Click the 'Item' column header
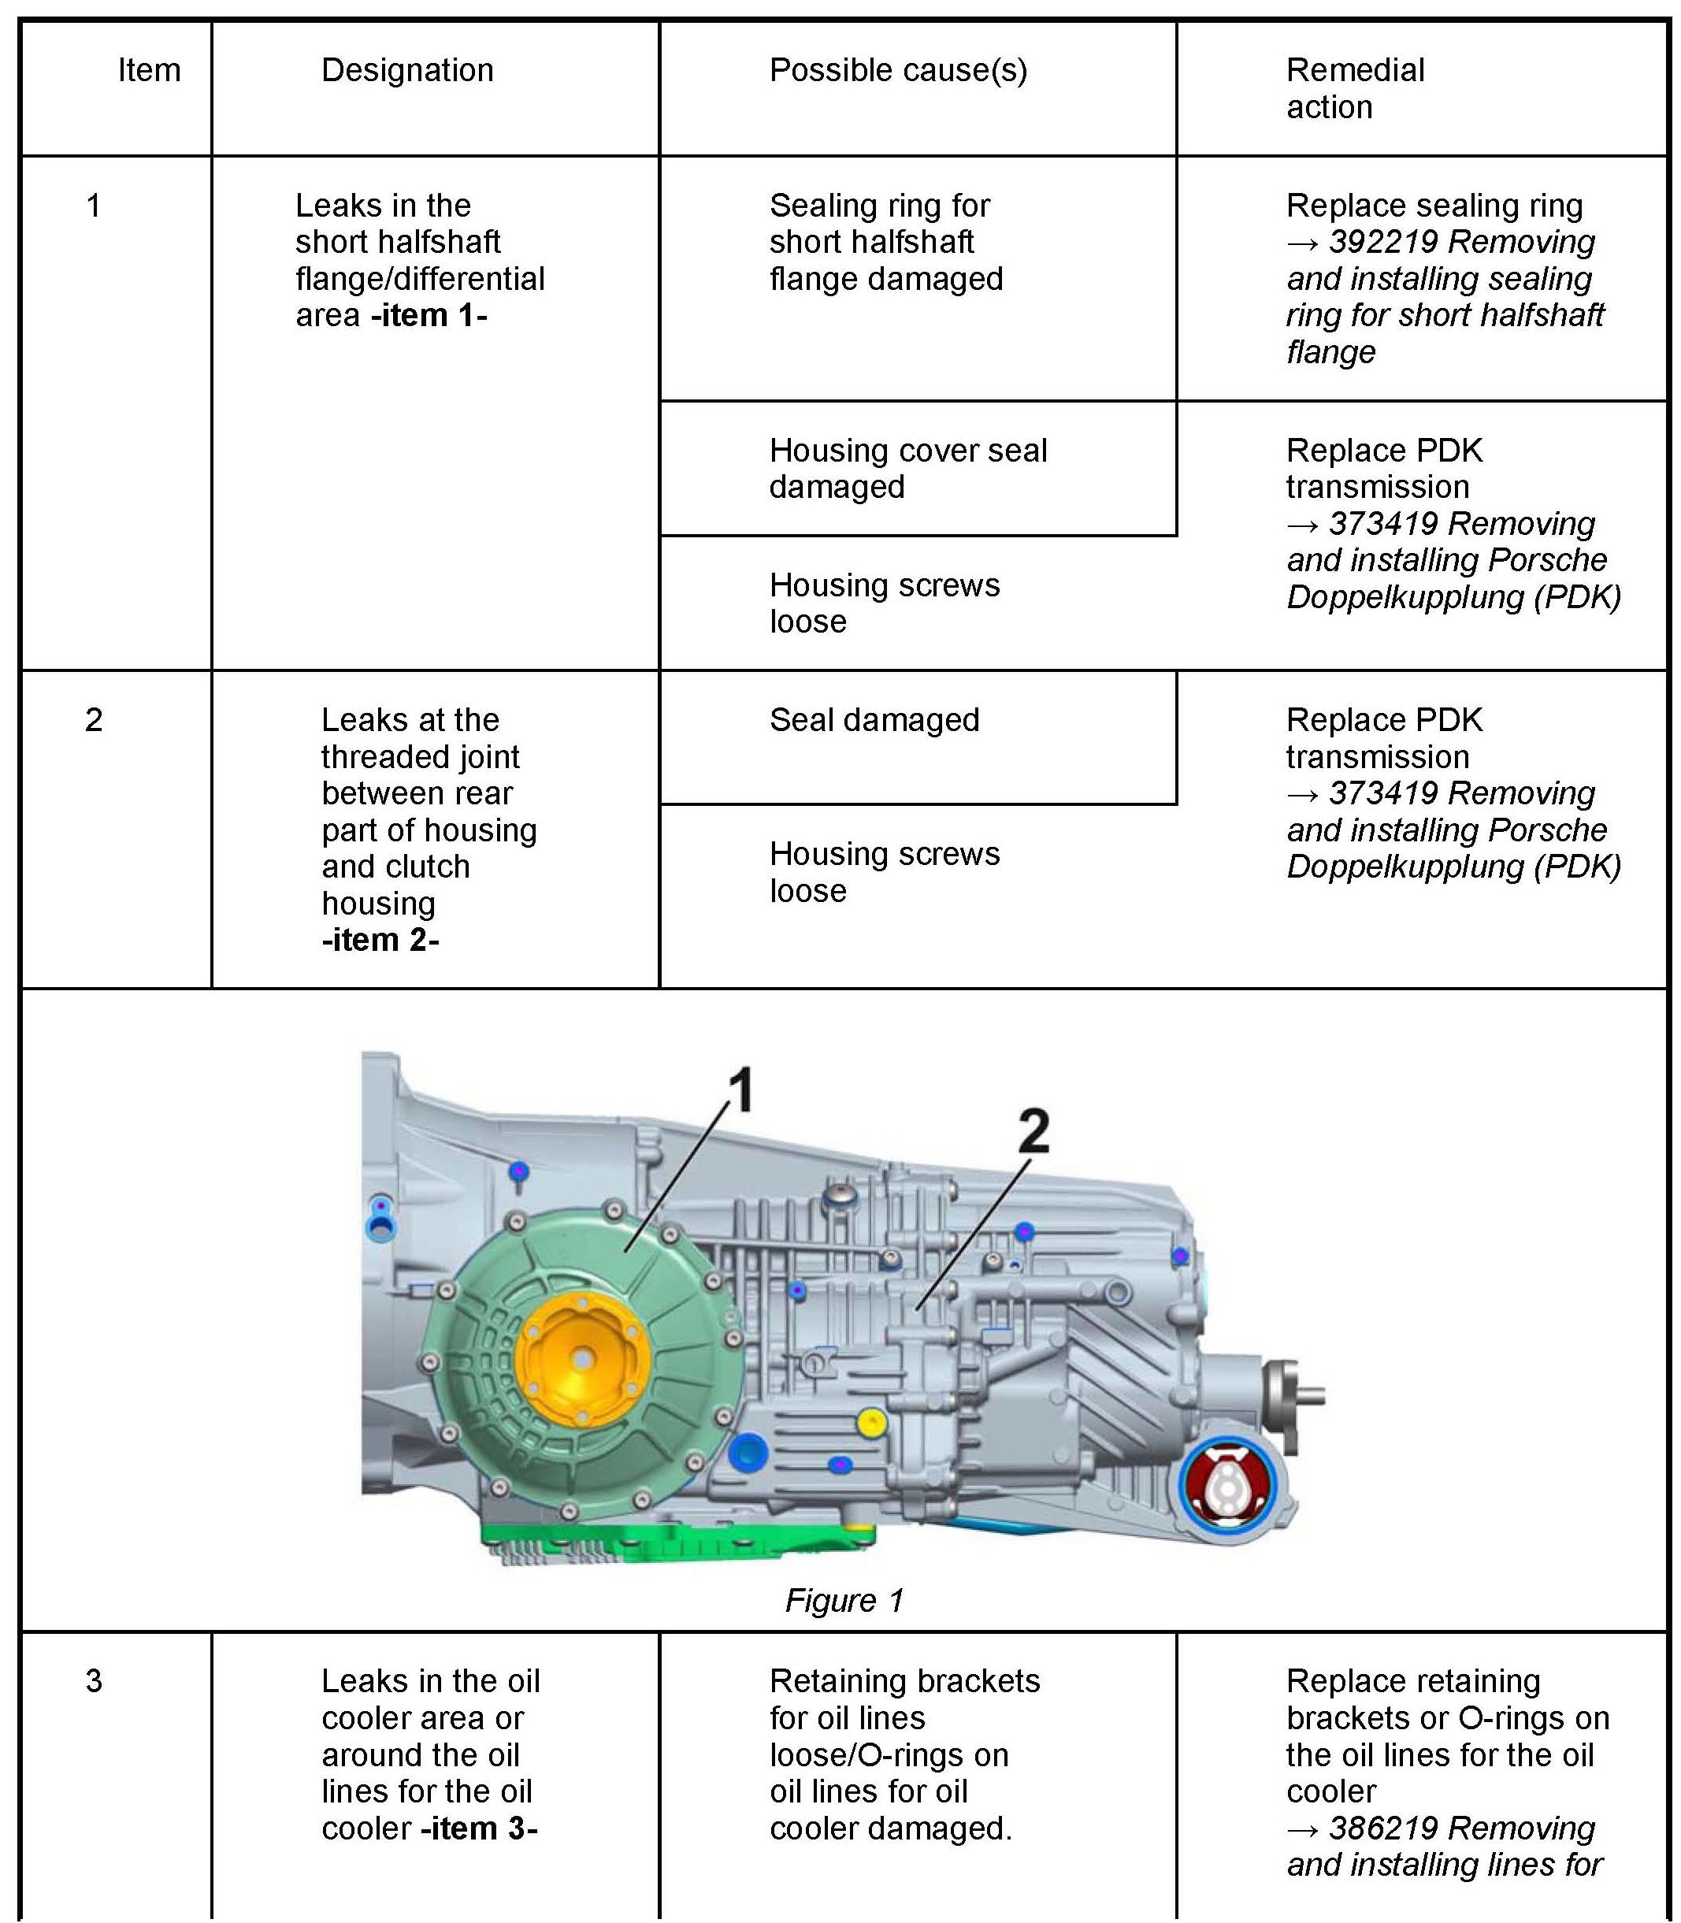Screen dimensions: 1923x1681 pos(149,70)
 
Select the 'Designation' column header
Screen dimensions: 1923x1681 pos(407,70)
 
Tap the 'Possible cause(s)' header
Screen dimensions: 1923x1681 pos(898,70)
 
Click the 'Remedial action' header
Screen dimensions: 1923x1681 pos(1355,88)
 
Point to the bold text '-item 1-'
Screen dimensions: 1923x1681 pos(429,315)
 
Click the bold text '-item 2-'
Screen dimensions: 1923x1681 pos(380,939)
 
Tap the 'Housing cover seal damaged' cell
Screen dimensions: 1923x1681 pos(907,468)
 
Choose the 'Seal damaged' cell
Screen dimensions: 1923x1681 pos(874,719)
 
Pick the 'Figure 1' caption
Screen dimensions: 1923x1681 pos(844,1600)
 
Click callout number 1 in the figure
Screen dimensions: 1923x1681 pos(740,1090)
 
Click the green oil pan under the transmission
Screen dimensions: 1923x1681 pos(675,1539)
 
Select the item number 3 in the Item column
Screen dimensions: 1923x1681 pos(94,1681)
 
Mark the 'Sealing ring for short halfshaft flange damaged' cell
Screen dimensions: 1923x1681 pos(885,242)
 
